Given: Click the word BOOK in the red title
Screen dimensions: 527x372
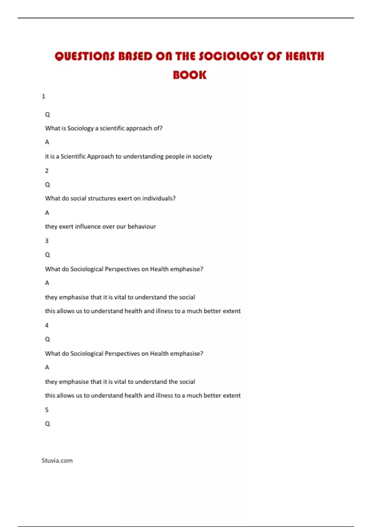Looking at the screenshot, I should [189, 75].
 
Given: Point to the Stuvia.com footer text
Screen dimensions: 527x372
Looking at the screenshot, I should [57, 461].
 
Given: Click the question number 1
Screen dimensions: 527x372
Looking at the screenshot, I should [43, 96].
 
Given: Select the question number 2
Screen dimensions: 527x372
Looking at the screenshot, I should [47, 171].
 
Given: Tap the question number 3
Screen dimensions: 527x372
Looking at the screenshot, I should [47, 241].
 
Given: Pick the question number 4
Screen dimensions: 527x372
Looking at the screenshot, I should [47, 325].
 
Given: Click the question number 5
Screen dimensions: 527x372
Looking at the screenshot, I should [47, 410].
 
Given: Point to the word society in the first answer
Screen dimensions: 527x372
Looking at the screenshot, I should [202, 157].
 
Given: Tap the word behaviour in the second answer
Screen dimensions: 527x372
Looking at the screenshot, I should [142, 227].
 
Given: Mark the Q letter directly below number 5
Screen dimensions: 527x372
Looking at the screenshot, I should [47, 424].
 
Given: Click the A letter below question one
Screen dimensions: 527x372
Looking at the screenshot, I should [47, 142].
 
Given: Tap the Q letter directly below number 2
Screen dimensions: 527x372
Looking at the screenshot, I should [47, 185].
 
